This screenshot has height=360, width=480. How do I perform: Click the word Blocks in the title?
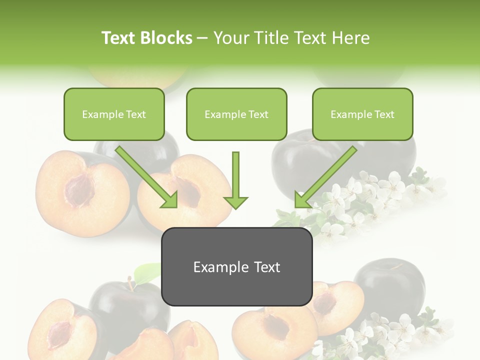point(166,38)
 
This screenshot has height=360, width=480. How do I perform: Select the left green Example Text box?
point(114,114)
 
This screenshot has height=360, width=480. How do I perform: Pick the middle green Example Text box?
point(236,114)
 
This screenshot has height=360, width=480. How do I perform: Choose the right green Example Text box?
point(362,114)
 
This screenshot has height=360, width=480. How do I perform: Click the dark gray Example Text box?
point(236,267)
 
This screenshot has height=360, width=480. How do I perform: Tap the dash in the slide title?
point(202,38)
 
